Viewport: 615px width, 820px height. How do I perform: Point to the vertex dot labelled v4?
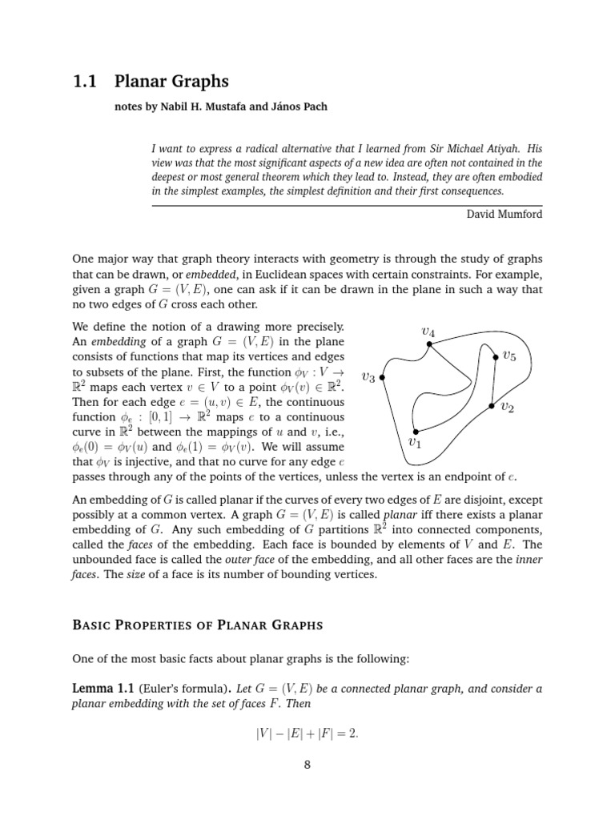(429, 344)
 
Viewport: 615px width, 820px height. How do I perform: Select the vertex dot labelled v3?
(383, 377)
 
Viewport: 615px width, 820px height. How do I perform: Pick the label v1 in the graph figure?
(414, 442)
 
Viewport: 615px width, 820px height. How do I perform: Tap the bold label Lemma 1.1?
(104, 689)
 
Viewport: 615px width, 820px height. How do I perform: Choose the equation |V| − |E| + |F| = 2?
(307, 730)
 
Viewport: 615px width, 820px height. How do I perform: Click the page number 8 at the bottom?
(307, 764)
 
